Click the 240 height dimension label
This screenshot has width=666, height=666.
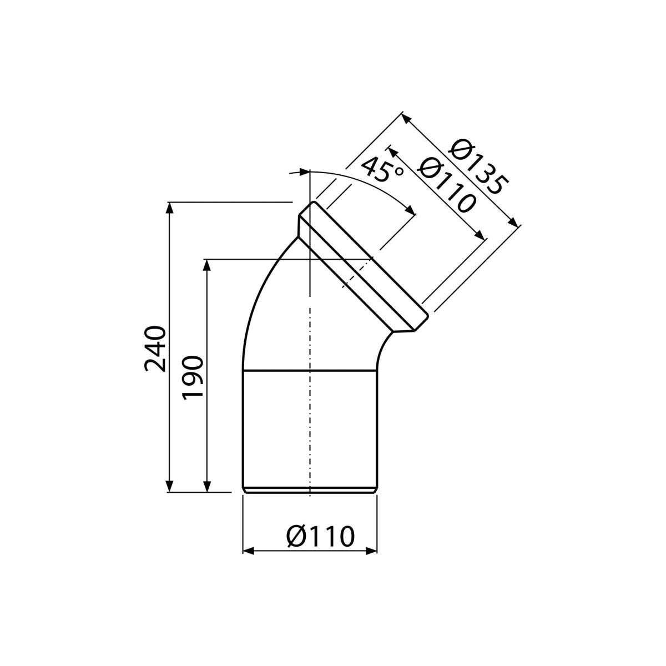155,349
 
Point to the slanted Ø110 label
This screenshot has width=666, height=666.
446,185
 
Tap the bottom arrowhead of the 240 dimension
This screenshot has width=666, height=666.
169,486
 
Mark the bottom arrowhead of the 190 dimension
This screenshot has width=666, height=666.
206,486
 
